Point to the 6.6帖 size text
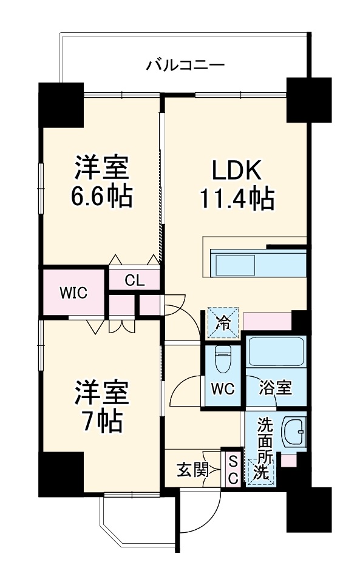click(x=102, y=197)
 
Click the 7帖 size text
click(x=102, y=419)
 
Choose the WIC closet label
click(x=73, y=293)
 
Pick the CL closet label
click(x=134, y=280)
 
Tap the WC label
click(x=223, y=388)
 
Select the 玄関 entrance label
click(x=193, y=469)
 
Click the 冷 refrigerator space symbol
click(x=223, y=322)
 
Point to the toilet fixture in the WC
click(x=223, y=358)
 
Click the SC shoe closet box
click(x=232, y=469)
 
